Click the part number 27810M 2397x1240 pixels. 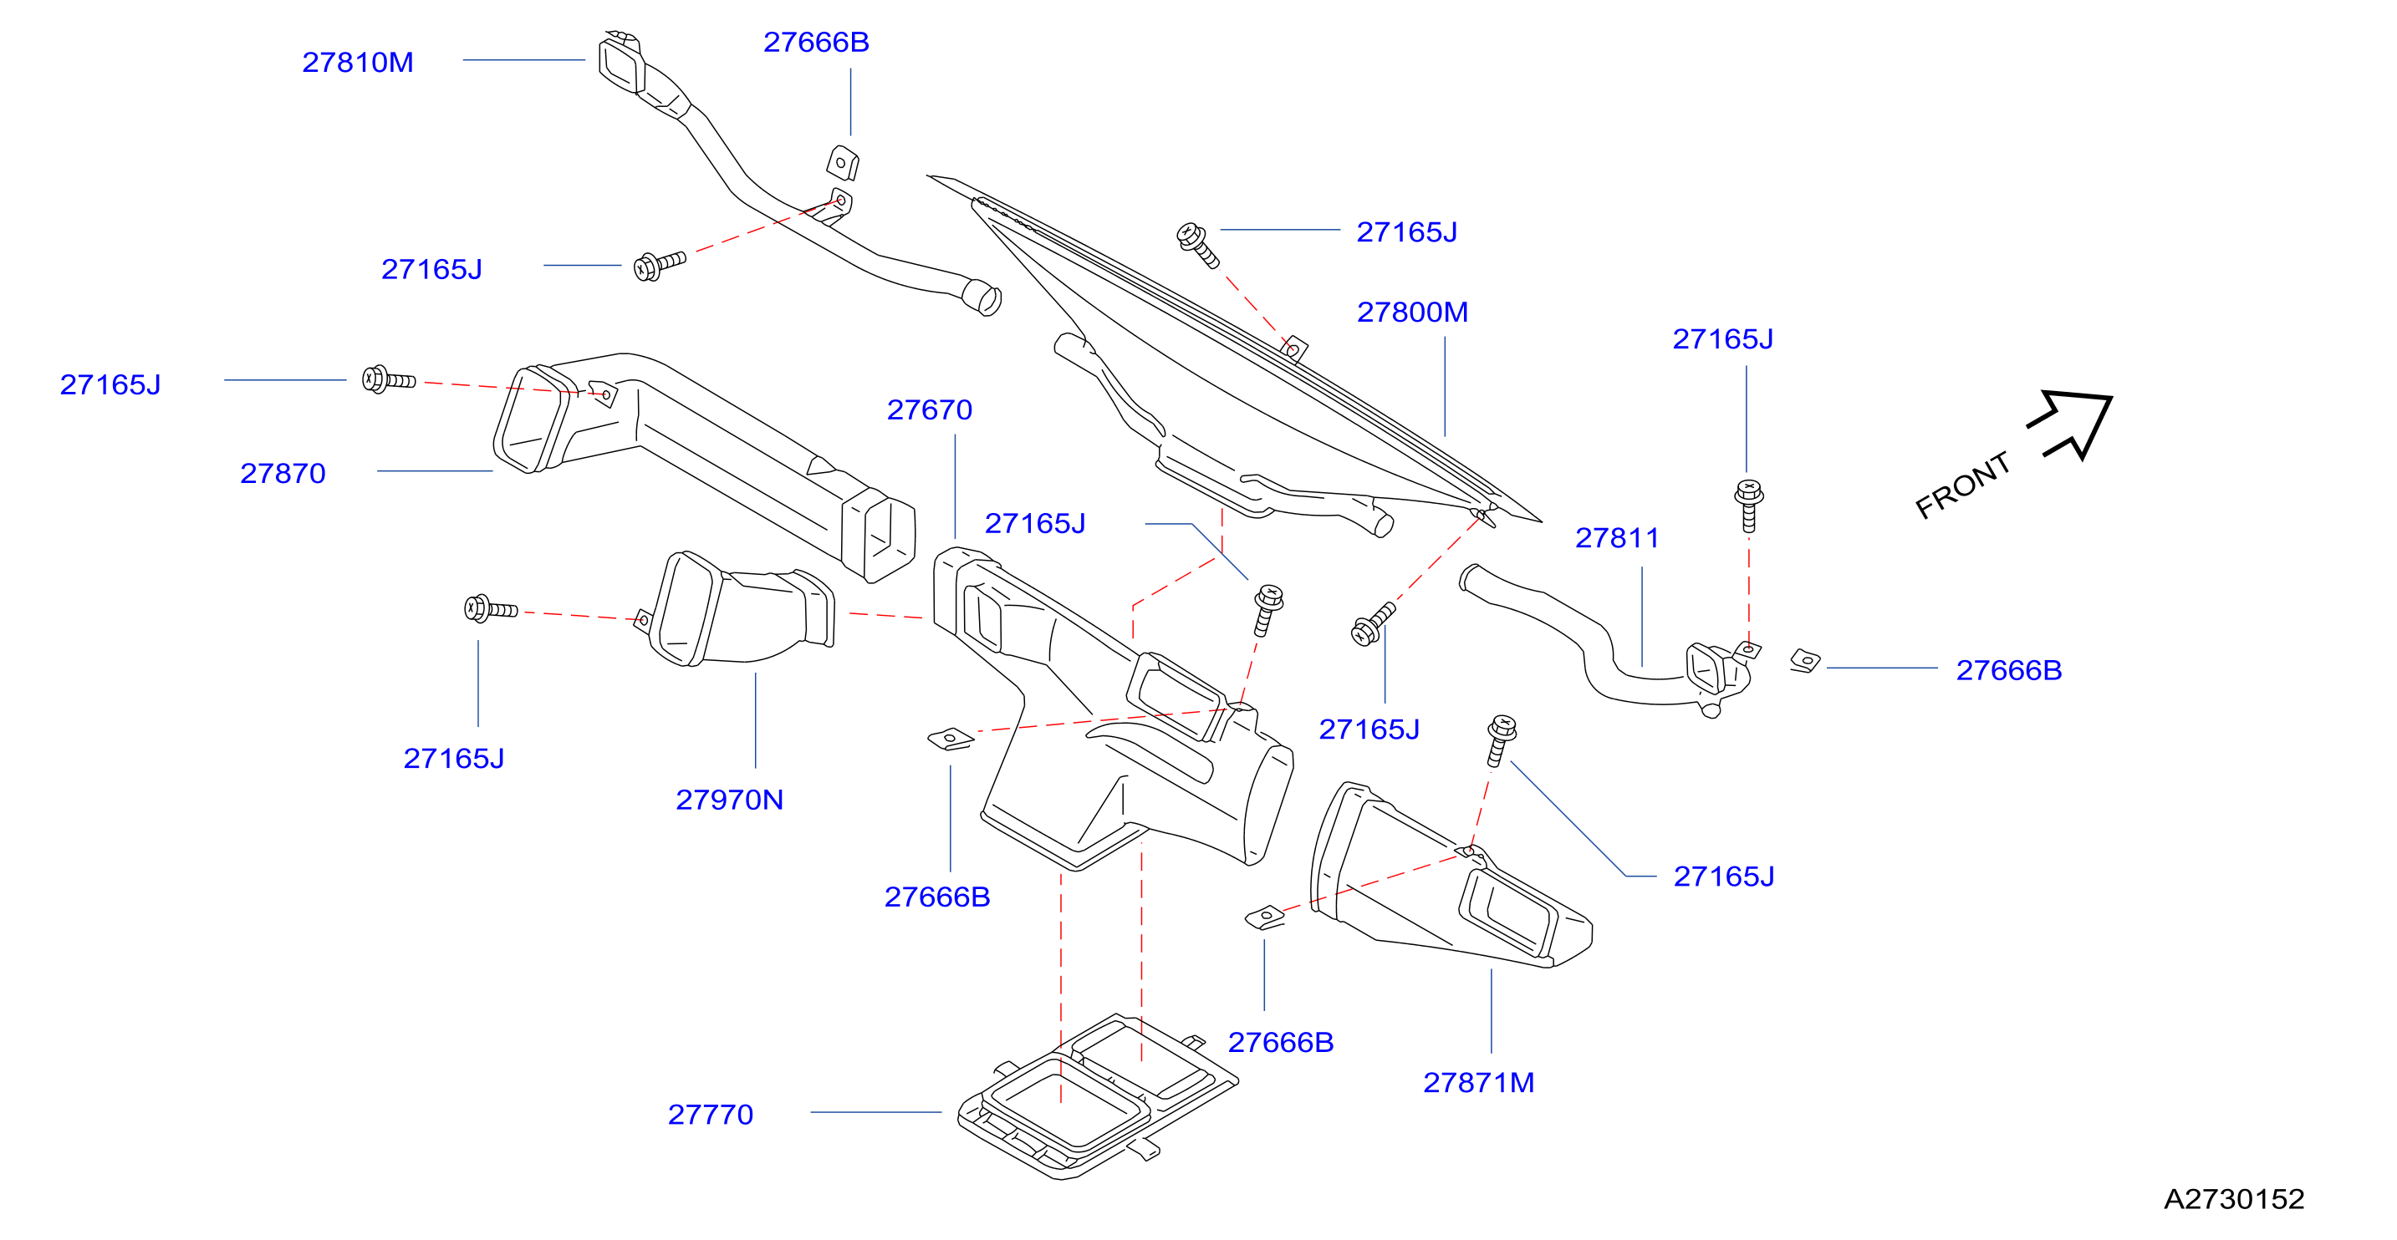point(357,63)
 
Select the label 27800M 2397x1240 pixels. point(1411,313)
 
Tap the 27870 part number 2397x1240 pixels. point(283,474)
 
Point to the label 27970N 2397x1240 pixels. point(730,800)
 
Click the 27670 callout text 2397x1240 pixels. point(930,410)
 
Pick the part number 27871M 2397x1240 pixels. point(1479,1083)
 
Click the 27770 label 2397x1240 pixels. point(711,1115)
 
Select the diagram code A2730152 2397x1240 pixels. point(2234,1199)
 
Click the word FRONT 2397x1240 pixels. point(1962,485)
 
